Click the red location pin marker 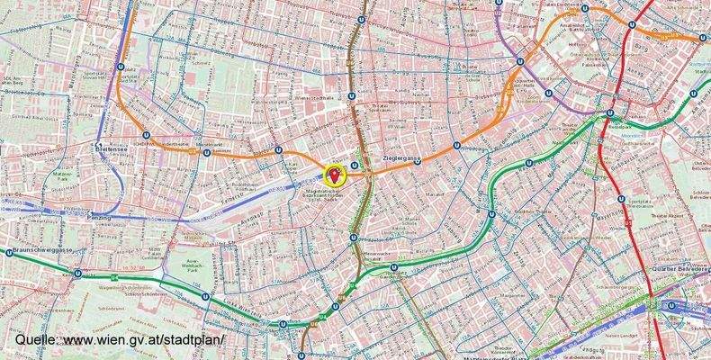click(x=337, y=174)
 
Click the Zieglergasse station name click(x=401, y=158)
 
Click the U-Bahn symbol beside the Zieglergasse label click(x=418, y=162)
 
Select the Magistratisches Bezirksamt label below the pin click(x=325, y=199)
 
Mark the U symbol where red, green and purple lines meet click(x=610, y=114)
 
